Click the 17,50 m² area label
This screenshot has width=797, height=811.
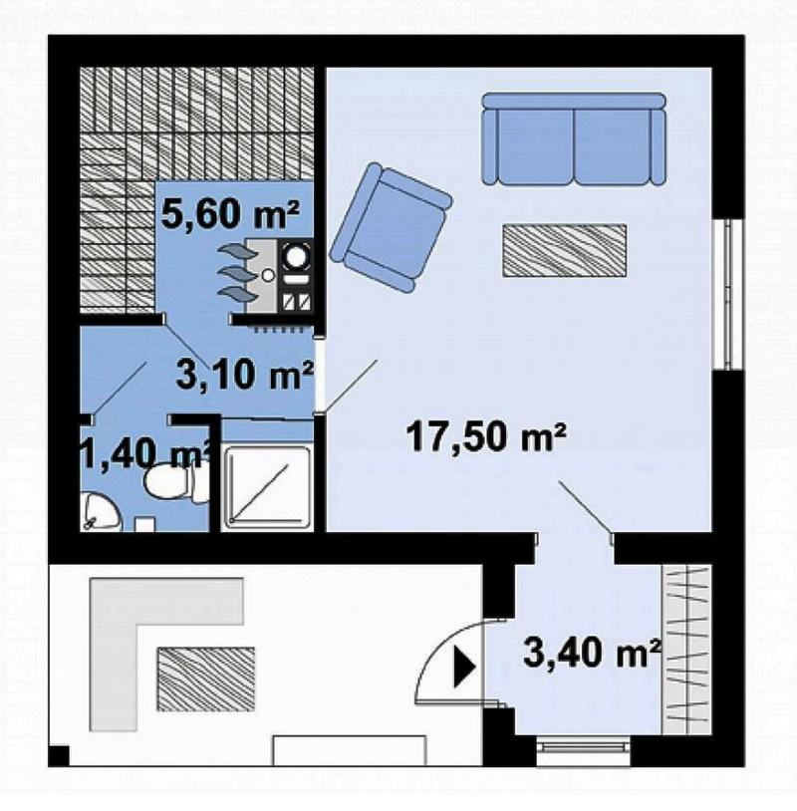click(485, 437)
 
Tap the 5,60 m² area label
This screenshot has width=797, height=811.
click(230, 214)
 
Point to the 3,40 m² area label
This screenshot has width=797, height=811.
click(592, 652)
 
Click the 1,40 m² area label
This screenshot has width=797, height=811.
click(146, 453)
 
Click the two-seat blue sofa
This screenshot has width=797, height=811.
click(574, 138)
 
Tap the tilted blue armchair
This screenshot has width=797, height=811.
click(391, 227)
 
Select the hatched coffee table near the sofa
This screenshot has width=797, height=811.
click(564, 250)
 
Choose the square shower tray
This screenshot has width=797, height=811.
click(267, 487)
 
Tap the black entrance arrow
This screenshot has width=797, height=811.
click(464, 667)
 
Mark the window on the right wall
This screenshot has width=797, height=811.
click(728, 294)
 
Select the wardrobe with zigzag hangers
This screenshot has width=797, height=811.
click(686, 650)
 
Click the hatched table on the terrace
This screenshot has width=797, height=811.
click(206, 678)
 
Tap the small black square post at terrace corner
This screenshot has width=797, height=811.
click(59, 755)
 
